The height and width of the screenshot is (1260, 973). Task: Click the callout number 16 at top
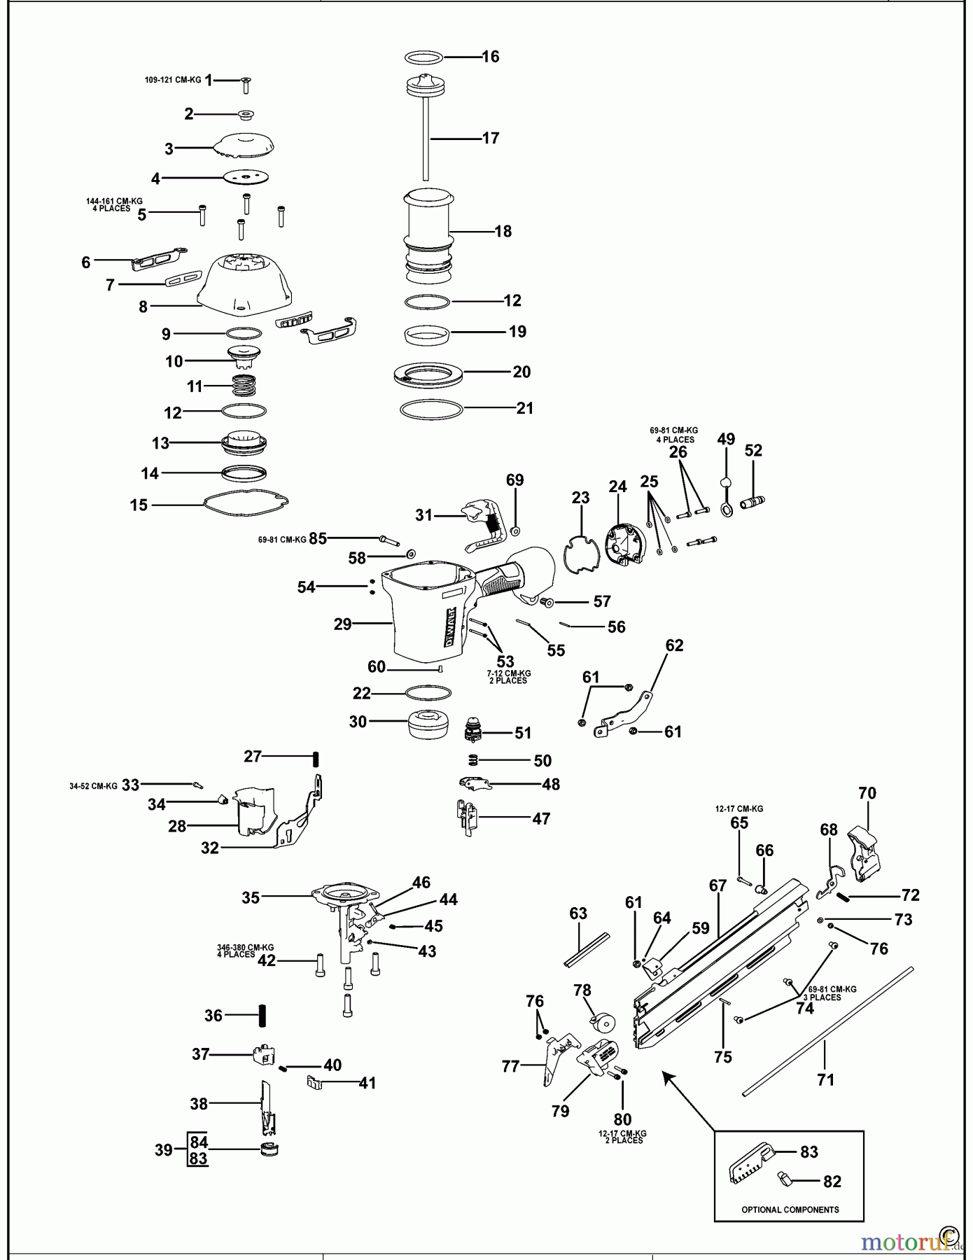coord(491,57)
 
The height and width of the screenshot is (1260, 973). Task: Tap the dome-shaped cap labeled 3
coord(244,146)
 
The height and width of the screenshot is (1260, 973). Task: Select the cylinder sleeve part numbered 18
coord(427,231)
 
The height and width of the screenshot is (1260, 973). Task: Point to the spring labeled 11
coord(244,385)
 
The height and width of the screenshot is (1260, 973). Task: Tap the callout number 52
coord(753,451)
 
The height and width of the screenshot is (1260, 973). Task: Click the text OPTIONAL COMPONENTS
coord(790,1210)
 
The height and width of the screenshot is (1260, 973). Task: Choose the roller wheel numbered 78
coord(601,1023)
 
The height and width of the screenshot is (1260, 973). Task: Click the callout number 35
coord(251,897)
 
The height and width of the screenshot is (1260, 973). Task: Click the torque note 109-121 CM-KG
coord(173,80)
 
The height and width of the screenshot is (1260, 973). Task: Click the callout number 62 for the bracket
coord(674,645)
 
